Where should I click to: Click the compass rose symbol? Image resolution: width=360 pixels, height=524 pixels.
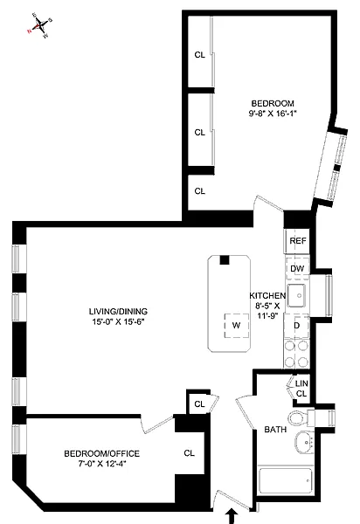(x=40, y=25)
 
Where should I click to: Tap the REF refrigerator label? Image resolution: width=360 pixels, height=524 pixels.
(x=297, y=241)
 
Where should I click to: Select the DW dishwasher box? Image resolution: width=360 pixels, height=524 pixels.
(x=297, y=268)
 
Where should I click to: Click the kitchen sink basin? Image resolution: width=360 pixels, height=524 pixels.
(x=296, y=295)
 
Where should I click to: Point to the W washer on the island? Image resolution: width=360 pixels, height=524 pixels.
(x=236, y=325)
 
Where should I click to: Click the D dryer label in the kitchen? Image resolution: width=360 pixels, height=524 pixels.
(x=296, y=325)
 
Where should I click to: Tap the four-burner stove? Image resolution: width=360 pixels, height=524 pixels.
(x=296, y=353)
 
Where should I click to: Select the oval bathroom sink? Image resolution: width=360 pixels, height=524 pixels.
(x=304, y=442)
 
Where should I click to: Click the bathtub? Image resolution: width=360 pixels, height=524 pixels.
(x=286, y=480)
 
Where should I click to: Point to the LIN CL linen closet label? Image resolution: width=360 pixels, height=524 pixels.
(x=301, y=389)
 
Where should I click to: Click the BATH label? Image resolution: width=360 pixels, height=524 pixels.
(x=275, y=430)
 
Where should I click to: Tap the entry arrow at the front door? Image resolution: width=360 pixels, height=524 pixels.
(x=231, y=515)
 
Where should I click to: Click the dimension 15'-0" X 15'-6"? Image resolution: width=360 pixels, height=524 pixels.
(x=118, y=322)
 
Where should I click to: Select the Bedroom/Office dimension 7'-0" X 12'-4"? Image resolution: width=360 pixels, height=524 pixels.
(x=102, y=464)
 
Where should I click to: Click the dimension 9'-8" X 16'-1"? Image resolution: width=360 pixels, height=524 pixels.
(x=273, y=114)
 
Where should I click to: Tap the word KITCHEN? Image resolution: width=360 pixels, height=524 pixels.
(x=267, y=295)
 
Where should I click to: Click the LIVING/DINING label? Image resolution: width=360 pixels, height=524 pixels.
(x=118, y=312)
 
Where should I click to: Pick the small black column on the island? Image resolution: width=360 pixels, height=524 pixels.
(x=225, y=259)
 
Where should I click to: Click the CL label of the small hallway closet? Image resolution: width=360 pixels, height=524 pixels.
(x=199, y=404)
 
